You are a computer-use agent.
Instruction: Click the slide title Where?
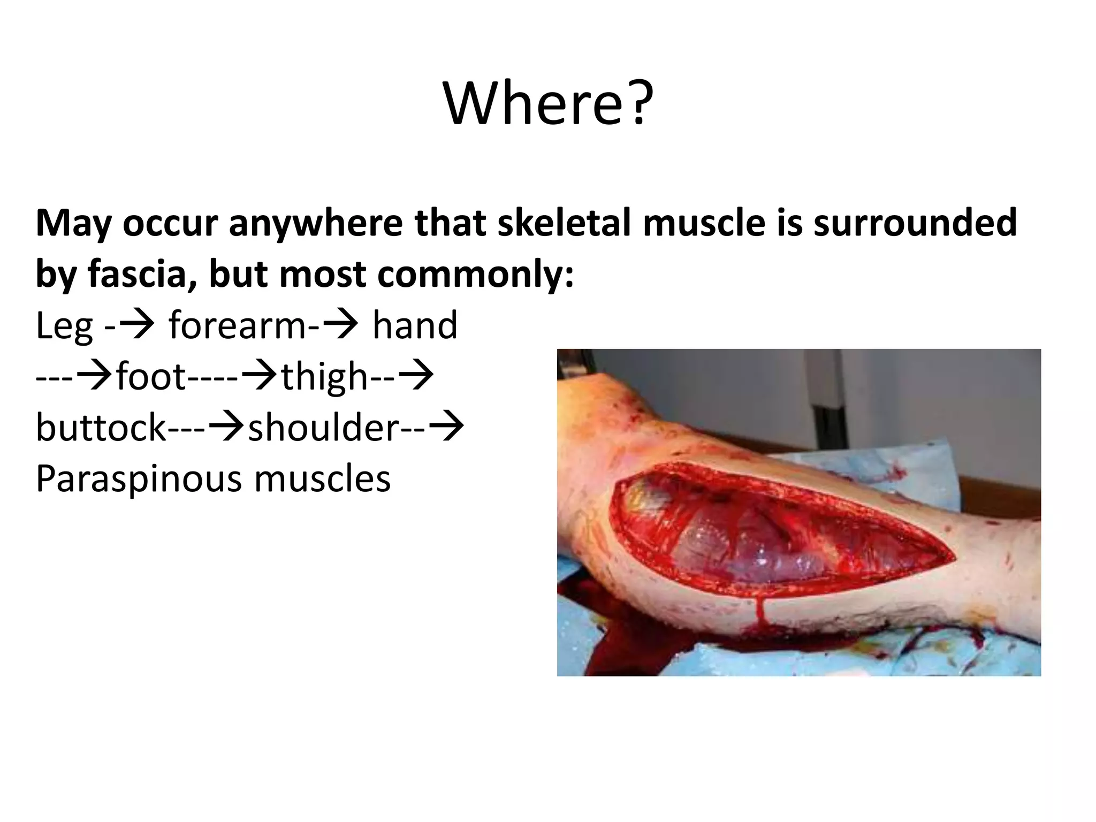(549, 104)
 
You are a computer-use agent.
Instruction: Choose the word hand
(415, 325)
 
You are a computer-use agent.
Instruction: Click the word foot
(151, 376)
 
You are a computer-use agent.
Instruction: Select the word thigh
(324, 376)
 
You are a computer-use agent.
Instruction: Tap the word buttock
(101, 428)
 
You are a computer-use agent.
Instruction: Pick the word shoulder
(323, 428)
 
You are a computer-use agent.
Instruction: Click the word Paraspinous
(139, 479)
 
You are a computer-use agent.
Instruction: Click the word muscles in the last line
(322, 479)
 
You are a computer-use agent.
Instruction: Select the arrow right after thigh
(416, 376)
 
